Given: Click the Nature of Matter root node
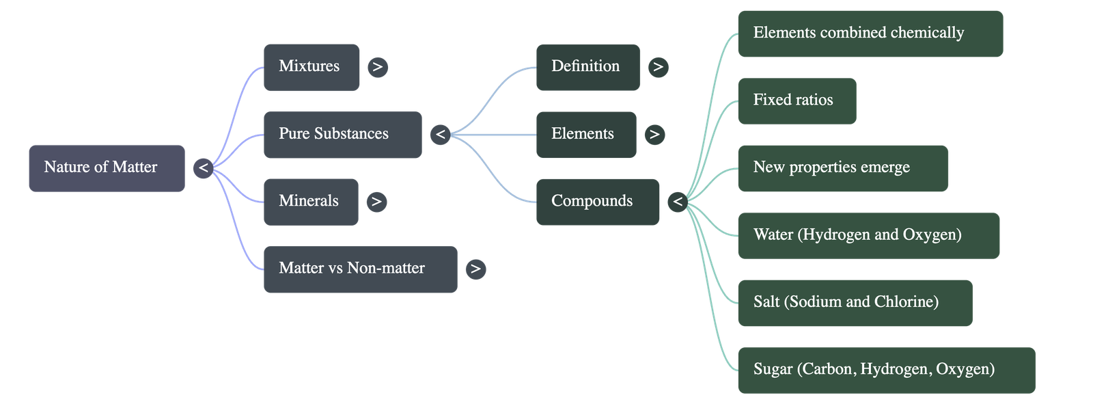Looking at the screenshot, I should pos(107,167).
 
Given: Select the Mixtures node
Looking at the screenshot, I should pos(311,67).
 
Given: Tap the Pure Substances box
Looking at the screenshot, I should pos(342,134).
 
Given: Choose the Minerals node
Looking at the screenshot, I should pos(310,201).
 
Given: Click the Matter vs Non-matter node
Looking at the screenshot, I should pos(359,269).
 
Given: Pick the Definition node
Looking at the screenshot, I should pos(587,67).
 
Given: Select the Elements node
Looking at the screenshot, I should pos(585,134).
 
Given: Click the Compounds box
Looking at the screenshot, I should pos(597,201).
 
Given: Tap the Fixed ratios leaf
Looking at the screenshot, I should pos(796,100).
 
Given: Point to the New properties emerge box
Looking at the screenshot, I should pos(842,167).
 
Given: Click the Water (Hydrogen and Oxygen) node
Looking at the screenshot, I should pos(868,235).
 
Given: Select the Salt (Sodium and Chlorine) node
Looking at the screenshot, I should pos(854,302).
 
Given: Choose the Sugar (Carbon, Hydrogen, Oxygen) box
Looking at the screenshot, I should pos(885,370).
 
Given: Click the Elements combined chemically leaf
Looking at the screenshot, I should pos(870,33).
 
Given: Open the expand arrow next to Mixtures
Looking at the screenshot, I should pos(377,67).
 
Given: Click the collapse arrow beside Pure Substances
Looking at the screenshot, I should pos(441,134).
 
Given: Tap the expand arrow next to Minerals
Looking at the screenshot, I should pos(376,202).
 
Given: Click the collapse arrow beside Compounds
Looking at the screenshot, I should pos(678,202).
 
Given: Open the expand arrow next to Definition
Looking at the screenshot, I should pos(658,67).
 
